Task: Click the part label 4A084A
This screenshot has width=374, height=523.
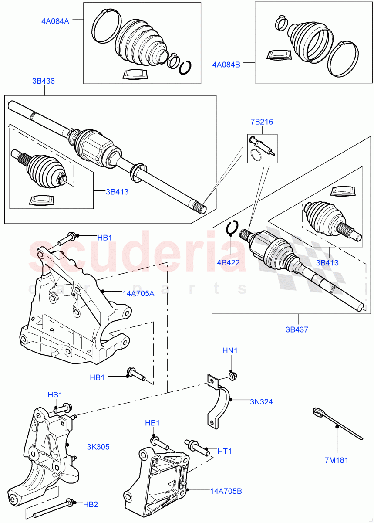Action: (x=55, y=20)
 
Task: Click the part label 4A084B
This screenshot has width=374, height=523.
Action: (x=226, y=65)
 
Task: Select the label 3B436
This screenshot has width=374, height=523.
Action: (x=43, y=81)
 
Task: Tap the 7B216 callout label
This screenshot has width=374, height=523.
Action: (x=261, y=122)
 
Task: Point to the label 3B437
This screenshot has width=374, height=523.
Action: (x=297, y=329)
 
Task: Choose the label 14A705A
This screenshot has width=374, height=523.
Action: (x=138, y=293)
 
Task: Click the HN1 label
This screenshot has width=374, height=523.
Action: (x=230, y=350)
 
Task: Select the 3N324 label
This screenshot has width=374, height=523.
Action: (x=261, y=401)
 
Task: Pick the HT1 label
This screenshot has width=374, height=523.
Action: (x=224, y=451)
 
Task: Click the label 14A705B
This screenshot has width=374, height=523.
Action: (x=226, y=491)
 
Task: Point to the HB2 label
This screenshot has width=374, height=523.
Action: (x=91, y=504)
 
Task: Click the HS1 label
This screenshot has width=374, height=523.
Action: (x=55, y=394)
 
